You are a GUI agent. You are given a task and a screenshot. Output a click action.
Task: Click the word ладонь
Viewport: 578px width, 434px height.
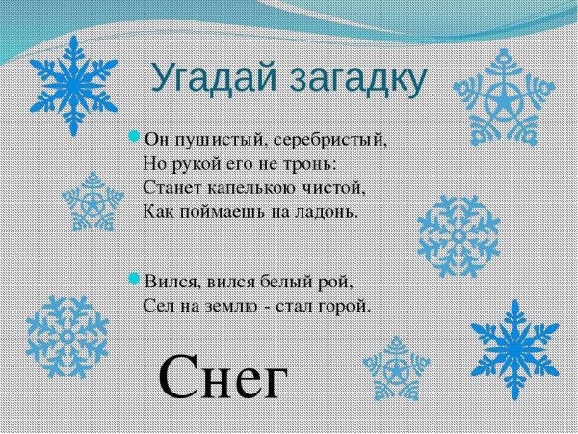(x=327, y=208)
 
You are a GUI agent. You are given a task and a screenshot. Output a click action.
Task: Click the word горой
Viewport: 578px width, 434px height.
(x=343, y=306)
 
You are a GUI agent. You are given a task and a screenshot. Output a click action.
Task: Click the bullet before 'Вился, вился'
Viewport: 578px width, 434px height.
(x=135, y=281)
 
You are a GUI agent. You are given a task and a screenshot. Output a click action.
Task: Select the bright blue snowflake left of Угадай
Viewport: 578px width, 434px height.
(x=74, y=81)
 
